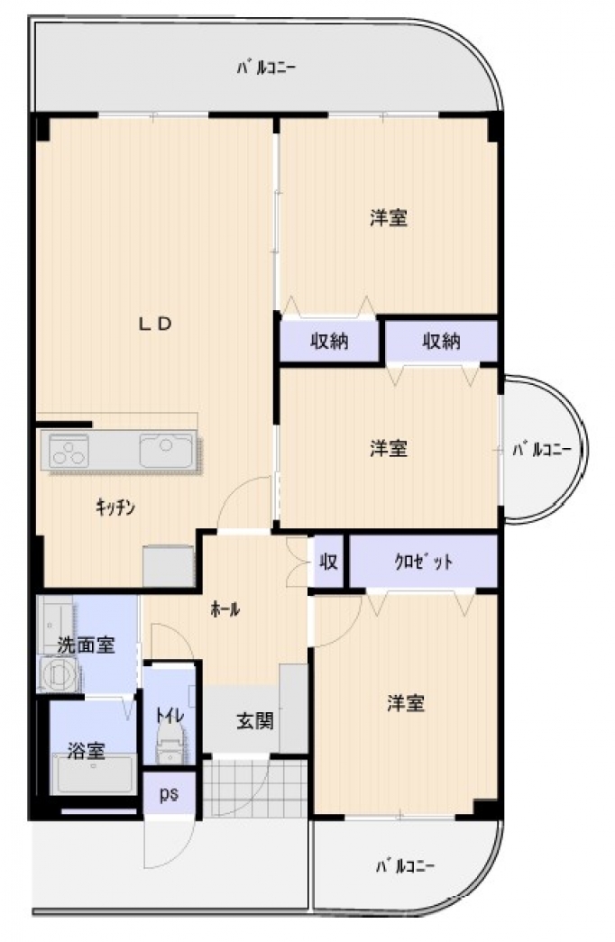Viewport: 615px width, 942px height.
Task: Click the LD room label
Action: pos(156,325)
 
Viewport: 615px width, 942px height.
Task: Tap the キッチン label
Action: pos(115,508)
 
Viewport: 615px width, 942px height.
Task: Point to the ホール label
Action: pos(225,609)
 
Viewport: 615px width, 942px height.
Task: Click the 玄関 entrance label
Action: pos(255,720)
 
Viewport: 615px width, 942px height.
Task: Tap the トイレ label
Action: pos(170,715)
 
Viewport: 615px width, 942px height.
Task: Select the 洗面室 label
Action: pos(86,645)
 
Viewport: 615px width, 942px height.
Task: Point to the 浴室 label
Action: pos(86,750)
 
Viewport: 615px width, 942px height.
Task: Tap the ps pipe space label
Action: pos(169,795)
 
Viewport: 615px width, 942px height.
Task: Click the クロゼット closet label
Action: pos(423,562)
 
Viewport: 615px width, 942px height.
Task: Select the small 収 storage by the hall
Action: pos(328,562)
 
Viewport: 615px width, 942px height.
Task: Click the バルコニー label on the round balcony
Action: pos(540,449)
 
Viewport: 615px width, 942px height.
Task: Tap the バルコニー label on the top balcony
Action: pos(265,68)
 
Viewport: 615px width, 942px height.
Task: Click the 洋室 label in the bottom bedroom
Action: pos(406,703)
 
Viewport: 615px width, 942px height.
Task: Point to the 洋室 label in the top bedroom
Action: pos(389,217)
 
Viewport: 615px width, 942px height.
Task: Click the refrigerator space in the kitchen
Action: pos(169,566)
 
